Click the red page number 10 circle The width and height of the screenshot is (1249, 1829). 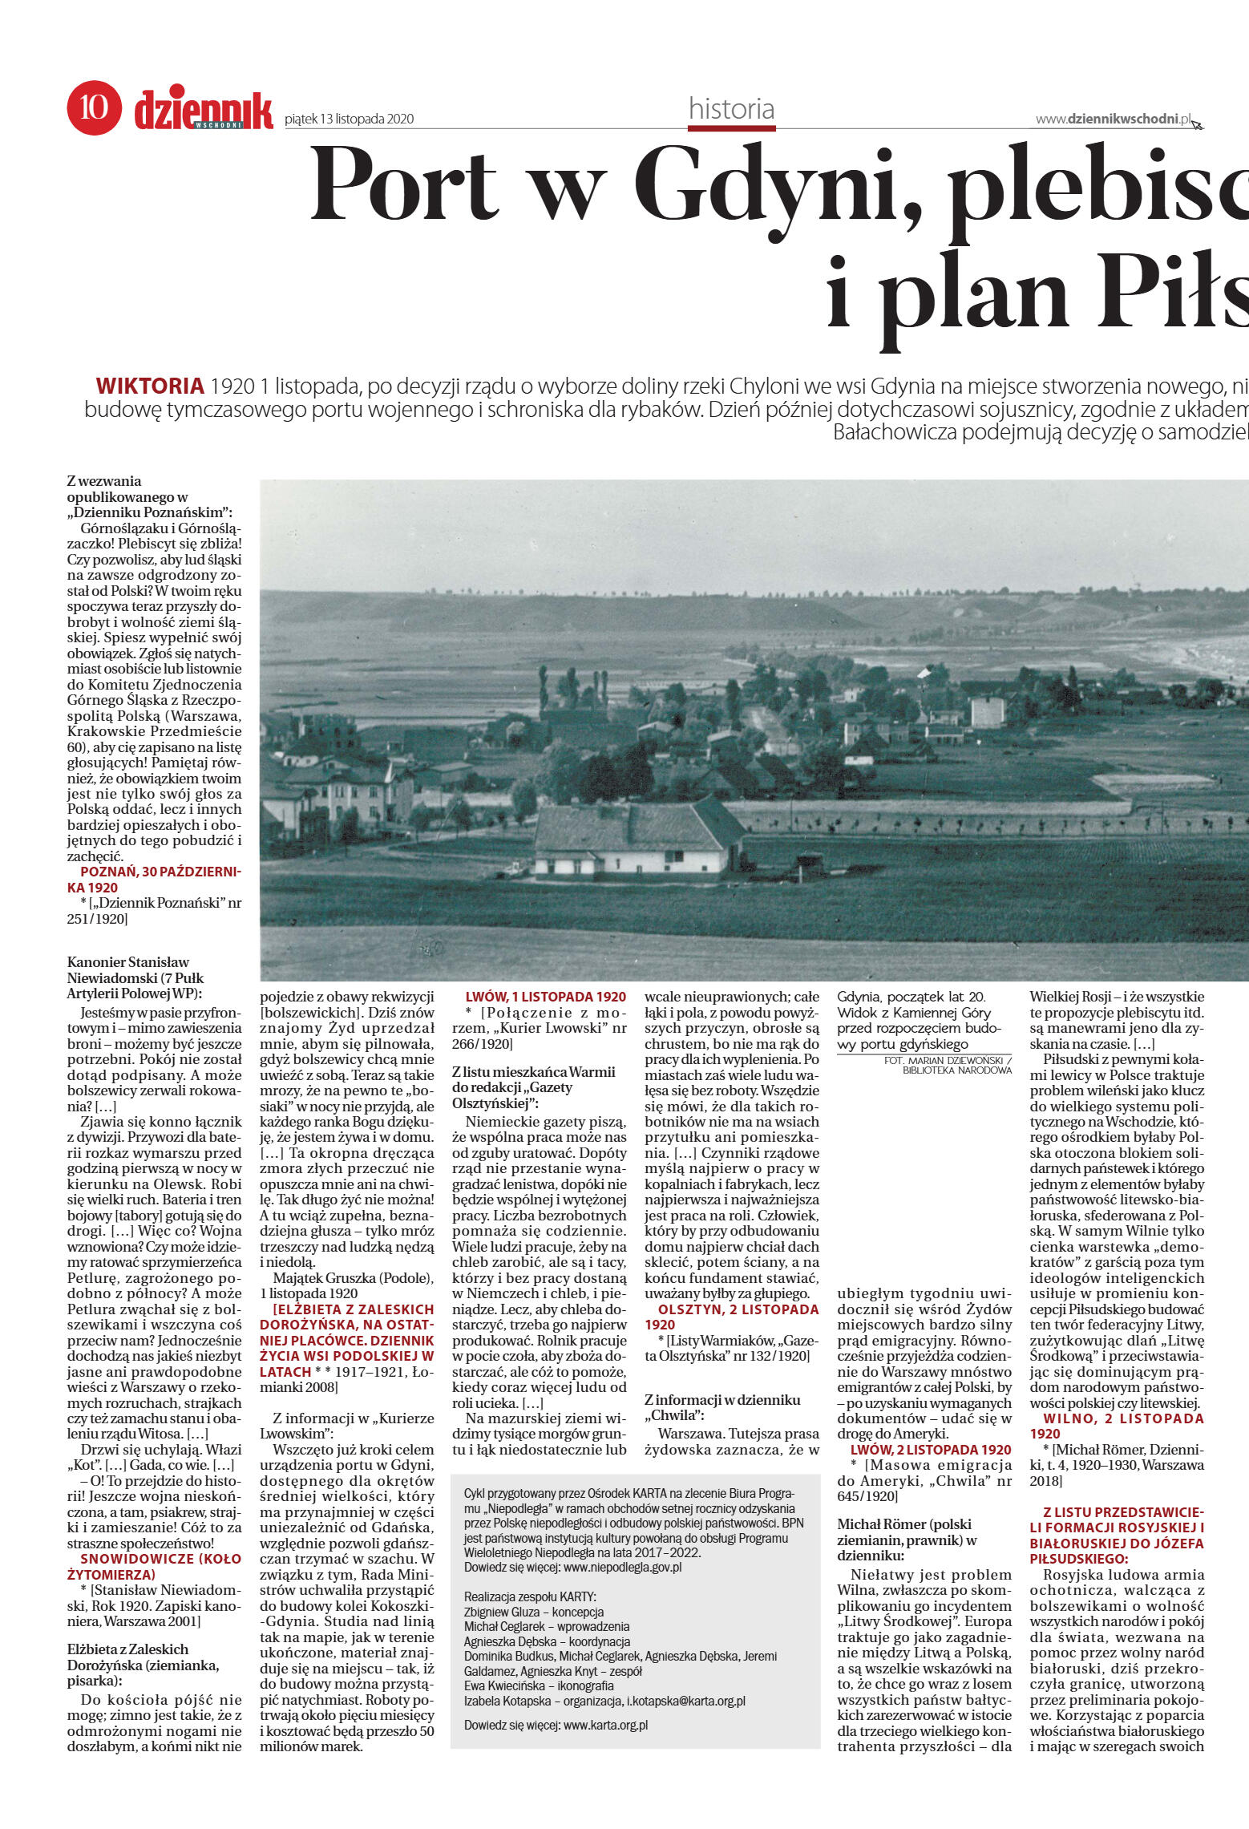(x=94, y=108)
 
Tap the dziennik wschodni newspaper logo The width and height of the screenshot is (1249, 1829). (x=204, y=111)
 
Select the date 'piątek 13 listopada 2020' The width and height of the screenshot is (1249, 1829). (x=350, y=119)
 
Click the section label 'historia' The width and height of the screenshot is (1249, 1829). (x=731, y=108)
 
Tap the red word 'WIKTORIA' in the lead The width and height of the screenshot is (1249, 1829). (x=150, y=386)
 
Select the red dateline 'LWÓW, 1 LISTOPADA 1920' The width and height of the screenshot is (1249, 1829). (x=545, y=997)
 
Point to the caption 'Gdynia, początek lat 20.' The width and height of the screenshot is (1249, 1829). (x=911, y=997)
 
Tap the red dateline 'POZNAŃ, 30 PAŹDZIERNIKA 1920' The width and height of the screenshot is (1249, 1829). (x=154, y=880)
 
